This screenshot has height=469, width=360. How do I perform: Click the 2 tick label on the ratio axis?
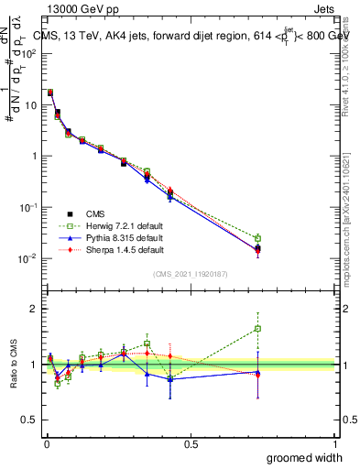[x=32, y=309]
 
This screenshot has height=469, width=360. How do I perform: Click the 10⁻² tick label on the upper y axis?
[x=27, y=258]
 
